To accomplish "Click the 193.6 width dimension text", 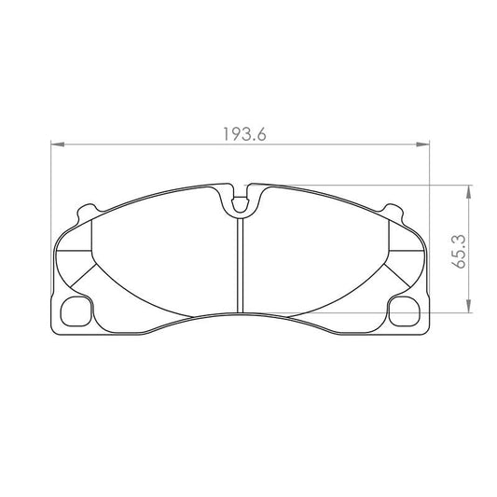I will [244, 133].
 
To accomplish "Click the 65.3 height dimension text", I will [458, 251].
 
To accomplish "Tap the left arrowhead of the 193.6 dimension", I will [54, 145].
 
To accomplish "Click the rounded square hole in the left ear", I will [74, 310].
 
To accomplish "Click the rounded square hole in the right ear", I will [405, 310].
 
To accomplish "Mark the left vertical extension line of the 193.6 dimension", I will [48, 233].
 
